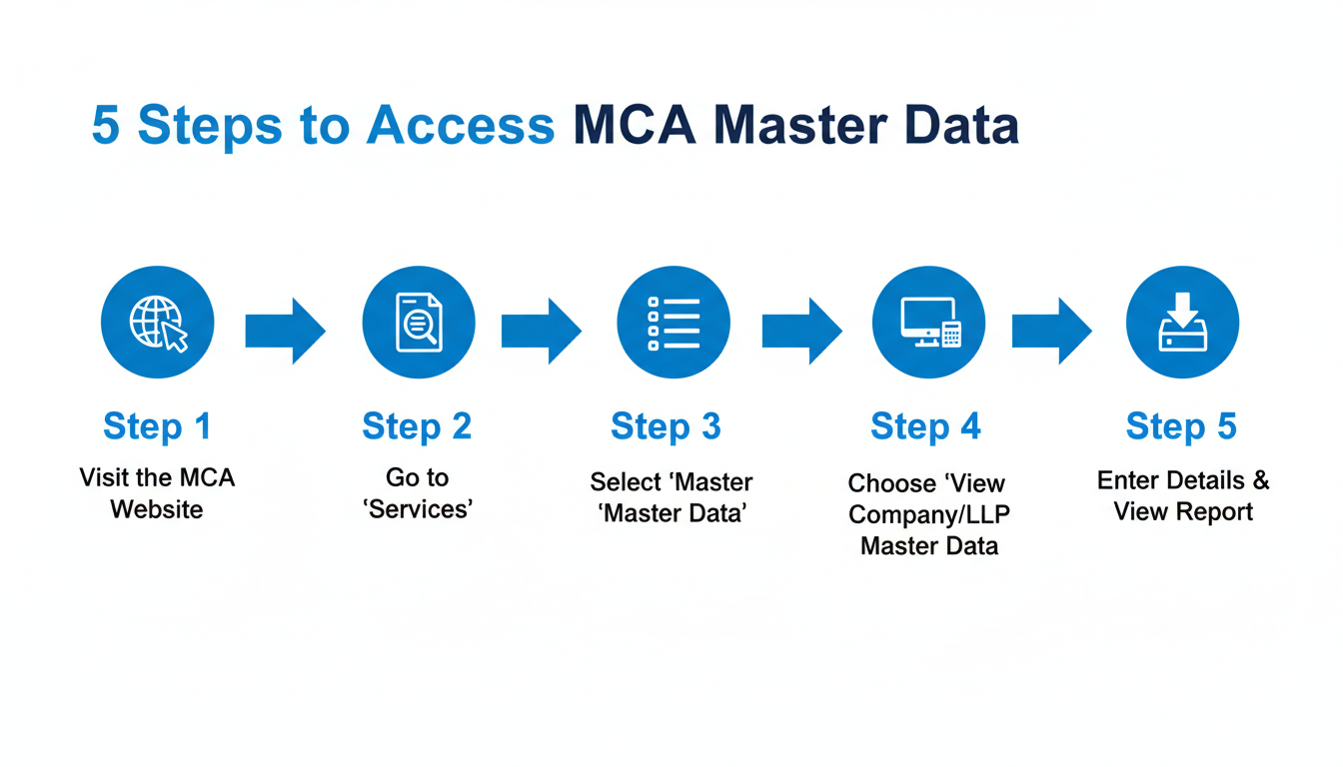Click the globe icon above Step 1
[158, 322]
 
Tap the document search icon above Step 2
[419, 322]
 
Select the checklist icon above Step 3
[673, 322]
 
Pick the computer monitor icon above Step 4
[929, 322]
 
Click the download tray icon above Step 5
[1182, 322]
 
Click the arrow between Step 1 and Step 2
[286, 330]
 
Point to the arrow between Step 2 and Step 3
[541, 330]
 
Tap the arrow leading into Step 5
[1051, 330]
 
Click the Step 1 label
[158, 426]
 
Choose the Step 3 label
[666, 426]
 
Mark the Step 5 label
[1181, 426]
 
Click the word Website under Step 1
[157, 509]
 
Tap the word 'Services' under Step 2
[419, 509]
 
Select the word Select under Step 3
[625, 482]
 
